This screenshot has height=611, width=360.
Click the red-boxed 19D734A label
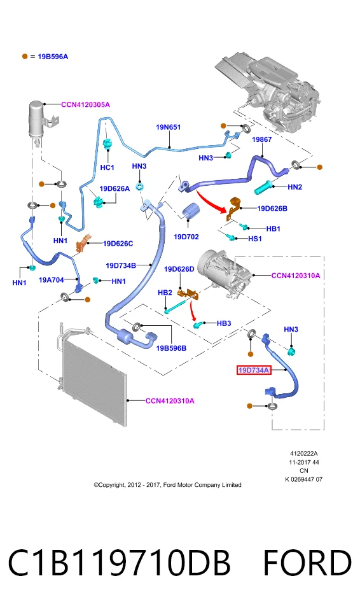(254, 370)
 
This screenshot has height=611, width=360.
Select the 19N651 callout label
(169, 127)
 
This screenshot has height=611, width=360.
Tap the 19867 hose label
(262, 139)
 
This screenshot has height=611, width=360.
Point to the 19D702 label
(186, 237)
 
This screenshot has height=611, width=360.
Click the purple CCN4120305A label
(85, 104)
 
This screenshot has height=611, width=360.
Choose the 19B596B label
(171, 348)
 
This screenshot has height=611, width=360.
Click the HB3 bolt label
(224, 323)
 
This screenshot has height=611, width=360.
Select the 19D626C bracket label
(118, 244)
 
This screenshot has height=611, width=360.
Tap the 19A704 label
(51, 279)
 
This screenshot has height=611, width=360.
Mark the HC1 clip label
(107, 167)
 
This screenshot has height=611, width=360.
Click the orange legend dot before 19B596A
(25, 57)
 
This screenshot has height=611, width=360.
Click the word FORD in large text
(307, 563)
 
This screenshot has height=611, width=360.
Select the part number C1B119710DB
(119, 563)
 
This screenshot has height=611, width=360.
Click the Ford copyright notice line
(167, 485)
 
